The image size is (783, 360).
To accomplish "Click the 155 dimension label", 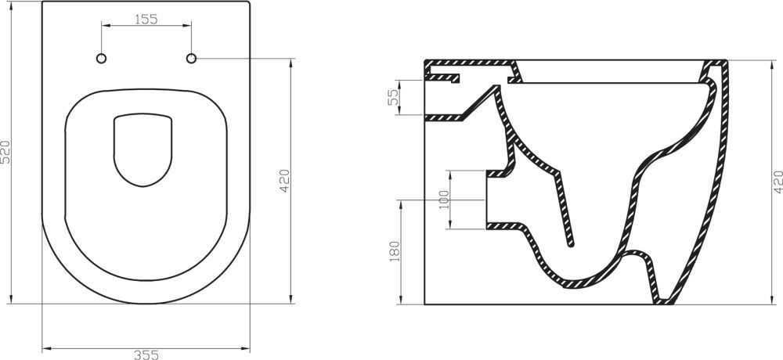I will [146, 20].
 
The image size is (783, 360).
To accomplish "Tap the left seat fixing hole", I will [101, 59].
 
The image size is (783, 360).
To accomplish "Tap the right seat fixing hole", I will [191, 59].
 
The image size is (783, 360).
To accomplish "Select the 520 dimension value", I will [6, 151].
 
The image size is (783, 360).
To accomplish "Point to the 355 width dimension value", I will [146, 354].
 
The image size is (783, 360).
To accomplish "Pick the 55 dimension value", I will [395, 97].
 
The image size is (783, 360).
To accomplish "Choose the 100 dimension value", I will [445, 199].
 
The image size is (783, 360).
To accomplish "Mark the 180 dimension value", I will [395, 251].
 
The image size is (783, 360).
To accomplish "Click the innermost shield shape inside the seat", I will [143, 149].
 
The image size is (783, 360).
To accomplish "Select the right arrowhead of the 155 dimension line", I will [188, 26].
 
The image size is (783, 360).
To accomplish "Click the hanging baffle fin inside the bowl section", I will [568, 211].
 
